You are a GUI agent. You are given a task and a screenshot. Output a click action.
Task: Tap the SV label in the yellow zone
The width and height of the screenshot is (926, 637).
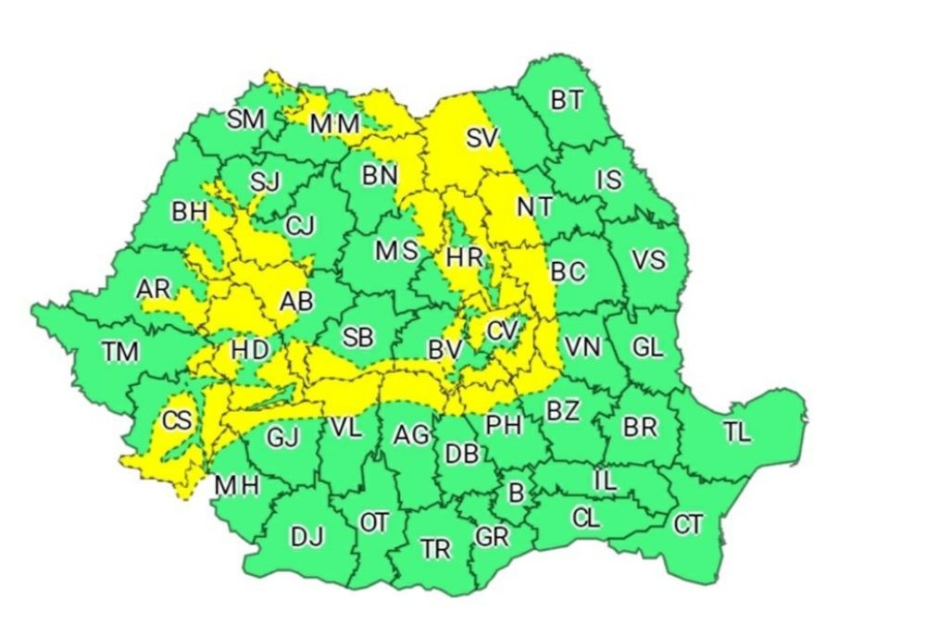[x=482, y=139]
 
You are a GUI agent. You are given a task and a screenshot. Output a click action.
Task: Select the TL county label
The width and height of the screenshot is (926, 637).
[x=738, y=432]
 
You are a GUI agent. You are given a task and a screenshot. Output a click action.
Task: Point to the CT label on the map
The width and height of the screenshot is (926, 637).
[x=688, y=525]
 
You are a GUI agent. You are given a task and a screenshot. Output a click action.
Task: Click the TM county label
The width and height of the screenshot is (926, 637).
[x=120, y=352]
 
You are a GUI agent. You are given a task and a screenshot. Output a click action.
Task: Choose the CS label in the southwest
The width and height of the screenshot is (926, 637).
[x=176, y=421]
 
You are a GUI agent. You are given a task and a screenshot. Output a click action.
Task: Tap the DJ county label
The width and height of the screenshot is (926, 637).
[x=307, y=536]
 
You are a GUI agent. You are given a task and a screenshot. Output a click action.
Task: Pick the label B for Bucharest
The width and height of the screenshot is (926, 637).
[x=516, y=493]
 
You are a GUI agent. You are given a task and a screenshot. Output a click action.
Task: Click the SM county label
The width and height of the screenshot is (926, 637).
[x=246, y=119]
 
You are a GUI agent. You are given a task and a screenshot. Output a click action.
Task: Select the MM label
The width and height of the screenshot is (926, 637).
[x=334, y=123]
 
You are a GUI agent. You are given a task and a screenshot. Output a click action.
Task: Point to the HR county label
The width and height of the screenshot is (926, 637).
[x=464, y=257]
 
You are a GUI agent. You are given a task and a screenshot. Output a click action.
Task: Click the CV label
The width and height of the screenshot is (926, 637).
[x=502, y=331]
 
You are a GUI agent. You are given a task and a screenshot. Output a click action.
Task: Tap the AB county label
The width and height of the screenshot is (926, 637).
[x=297, y=300]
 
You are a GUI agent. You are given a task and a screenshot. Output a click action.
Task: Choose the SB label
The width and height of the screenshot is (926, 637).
[x=357, y=338]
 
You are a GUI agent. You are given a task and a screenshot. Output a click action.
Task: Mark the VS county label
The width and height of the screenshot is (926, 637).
[x=648, y=260]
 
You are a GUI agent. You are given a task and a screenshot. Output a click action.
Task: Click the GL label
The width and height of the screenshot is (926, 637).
[x=647, y=348]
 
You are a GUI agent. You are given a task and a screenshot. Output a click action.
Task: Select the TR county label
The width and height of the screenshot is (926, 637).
[x=435, y=549]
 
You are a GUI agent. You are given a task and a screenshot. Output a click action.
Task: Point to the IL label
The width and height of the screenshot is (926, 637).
[x=604, y=480]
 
